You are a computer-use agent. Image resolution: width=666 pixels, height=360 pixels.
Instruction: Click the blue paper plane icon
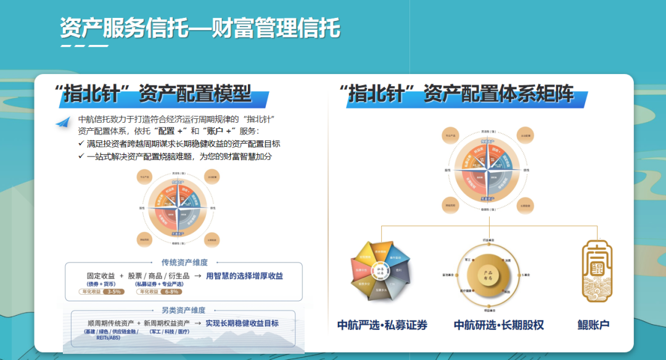coord(62,122)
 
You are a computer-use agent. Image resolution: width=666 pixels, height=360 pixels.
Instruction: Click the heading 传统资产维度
coord(184,262)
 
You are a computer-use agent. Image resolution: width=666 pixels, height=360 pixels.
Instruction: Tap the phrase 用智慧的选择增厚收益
coord(244,276)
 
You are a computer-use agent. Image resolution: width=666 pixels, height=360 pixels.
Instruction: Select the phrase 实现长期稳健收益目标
coord(242,323)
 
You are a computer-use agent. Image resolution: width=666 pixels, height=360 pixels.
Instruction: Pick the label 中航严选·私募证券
coord(382,325)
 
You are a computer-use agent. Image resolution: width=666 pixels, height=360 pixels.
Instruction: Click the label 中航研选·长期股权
coord(499,325)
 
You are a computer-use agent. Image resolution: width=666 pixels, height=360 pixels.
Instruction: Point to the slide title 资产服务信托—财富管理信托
coord(200,28)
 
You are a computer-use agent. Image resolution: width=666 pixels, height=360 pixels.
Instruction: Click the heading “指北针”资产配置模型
coord(154,94)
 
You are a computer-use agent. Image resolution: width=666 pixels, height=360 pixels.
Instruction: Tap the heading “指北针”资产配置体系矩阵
coord(456,94)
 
